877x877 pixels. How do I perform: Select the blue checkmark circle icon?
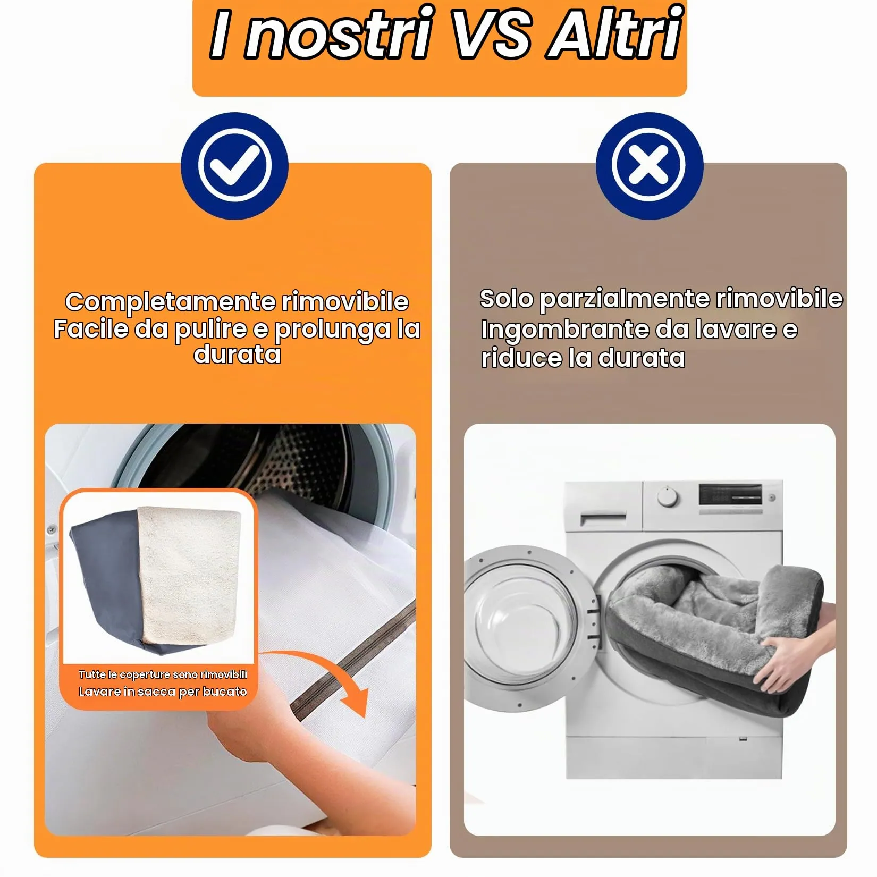pyautogui.click(x=234, y=166)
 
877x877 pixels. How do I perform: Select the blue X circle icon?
pyautogui.click(x=650, y=166)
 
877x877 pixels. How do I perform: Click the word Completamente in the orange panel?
pyautogui.click(x=170, y=302)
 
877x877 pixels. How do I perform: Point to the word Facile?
pyautogui.click(x=91, y=329)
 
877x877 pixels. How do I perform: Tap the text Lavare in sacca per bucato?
pyautogui.click(x=163, y=692)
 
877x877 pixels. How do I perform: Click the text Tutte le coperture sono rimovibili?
pyautogui.click(x=163, y=674)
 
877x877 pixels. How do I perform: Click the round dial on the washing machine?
pyautogui.click(x=667, y=497)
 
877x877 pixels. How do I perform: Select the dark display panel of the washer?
pyautogui.click(x=730, y=494)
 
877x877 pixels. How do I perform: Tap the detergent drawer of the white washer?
pyautogui.click(x=603, y=518)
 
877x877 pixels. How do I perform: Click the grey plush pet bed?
pyautogui.click(x=712, y=635)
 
